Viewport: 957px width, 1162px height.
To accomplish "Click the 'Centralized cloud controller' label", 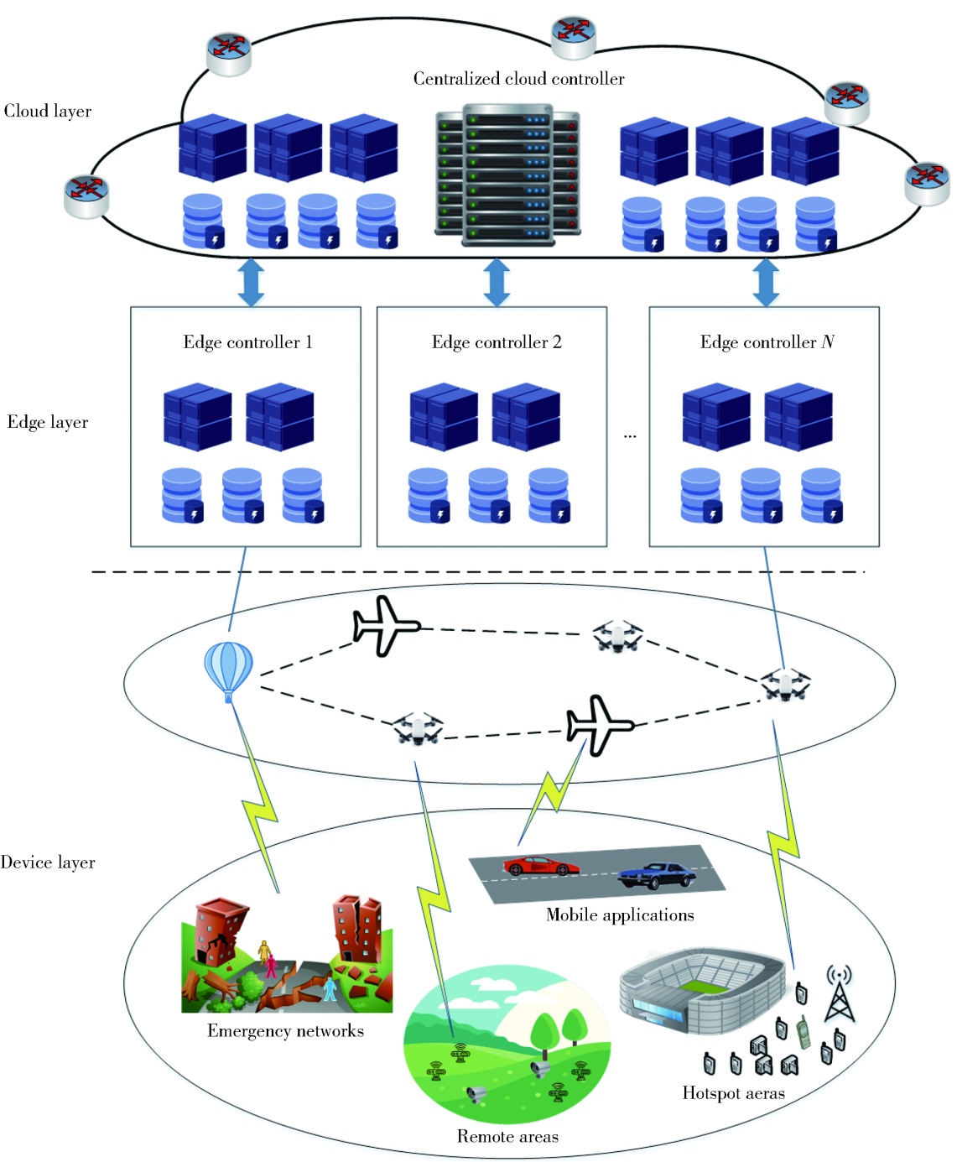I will coord(518,79).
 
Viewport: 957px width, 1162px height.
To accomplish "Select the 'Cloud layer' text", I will coord(48,111).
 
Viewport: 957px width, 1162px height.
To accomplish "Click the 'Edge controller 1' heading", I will coord(247,342).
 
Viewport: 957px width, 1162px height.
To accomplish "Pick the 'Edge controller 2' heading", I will coord(497,342).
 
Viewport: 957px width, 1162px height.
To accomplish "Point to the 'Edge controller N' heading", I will coord(767,342).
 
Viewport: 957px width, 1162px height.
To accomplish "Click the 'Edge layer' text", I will coord(48,422).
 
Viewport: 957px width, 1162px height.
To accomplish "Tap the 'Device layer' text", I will coord(48,862).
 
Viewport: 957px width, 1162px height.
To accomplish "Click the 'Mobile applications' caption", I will coord(620,914).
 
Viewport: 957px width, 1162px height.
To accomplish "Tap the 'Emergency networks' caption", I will coord(285,1031).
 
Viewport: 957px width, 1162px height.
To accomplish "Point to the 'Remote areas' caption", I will coord(507,1137).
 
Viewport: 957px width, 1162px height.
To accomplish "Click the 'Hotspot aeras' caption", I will coord(733,1093).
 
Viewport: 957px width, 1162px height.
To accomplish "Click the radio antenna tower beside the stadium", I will coord(839,994).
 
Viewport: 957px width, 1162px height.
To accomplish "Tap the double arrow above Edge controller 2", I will coord(497,282).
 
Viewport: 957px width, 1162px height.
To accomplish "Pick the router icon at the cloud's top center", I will coord(574,35).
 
